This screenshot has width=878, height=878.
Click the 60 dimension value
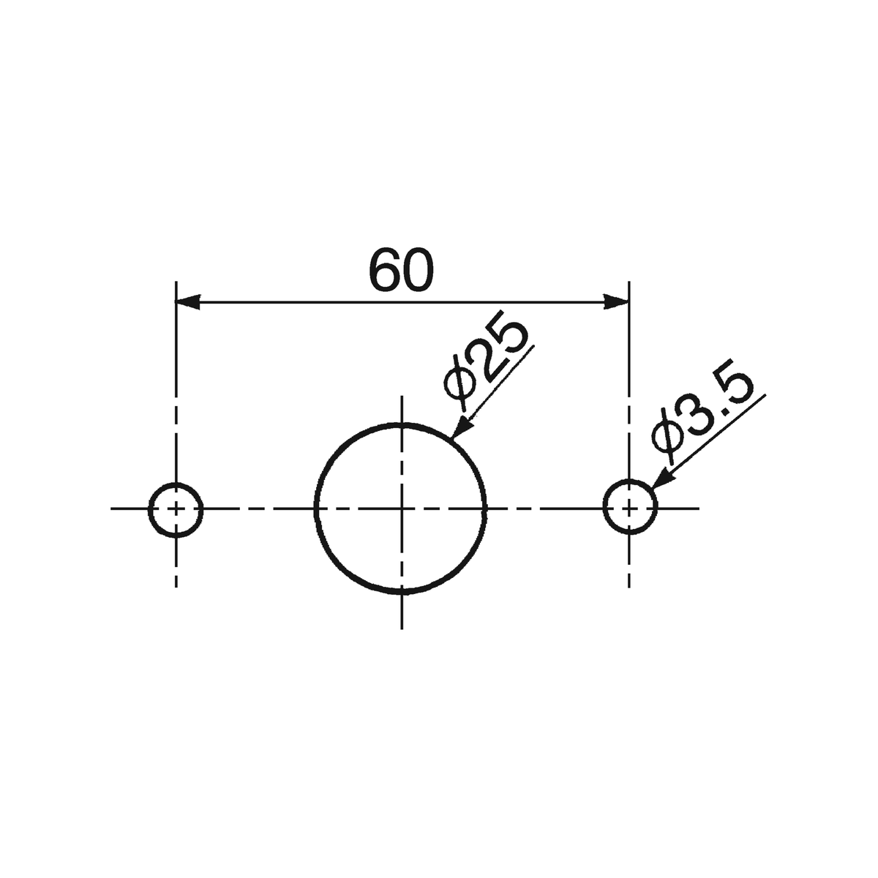[x=401, y=271]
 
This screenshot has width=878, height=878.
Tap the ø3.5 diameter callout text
[x=702, y=411]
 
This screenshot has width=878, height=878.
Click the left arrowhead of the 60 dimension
[x=188, y=301]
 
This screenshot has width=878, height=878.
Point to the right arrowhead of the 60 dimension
[x=617, y=301]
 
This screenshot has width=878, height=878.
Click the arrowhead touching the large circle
[x=462, y=428]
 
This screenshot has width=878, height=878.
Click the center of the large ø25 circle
[x=402, y=508]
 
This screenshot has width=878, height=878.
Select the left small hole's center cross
[x=176, y=509]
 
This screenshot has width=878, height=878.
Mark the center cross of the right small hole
[x=629, y=508]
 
